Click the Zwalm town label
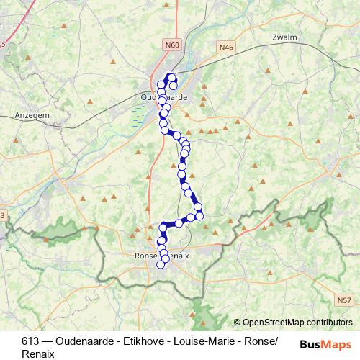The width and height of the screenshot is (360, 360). coord(285,37)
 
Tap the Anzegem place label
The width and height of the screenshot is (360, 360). coord(32,114)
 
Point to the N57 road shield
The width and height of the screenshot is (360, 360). coord(345,300)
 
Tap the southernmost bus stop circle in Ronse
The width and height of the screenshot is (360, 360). coord(161,264)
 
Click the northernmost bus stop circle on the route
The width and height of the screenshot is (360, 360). coord(172,78)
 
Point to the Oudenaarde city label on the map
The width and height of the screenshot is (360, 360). coord(164,96)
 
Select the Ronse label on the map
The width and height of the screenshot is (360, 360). coord(146,256)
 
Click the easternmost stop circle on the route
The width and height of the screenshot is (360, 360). coord(199,215)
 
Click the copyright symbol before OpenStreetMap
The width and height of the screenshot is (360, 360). coord(238,323)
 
